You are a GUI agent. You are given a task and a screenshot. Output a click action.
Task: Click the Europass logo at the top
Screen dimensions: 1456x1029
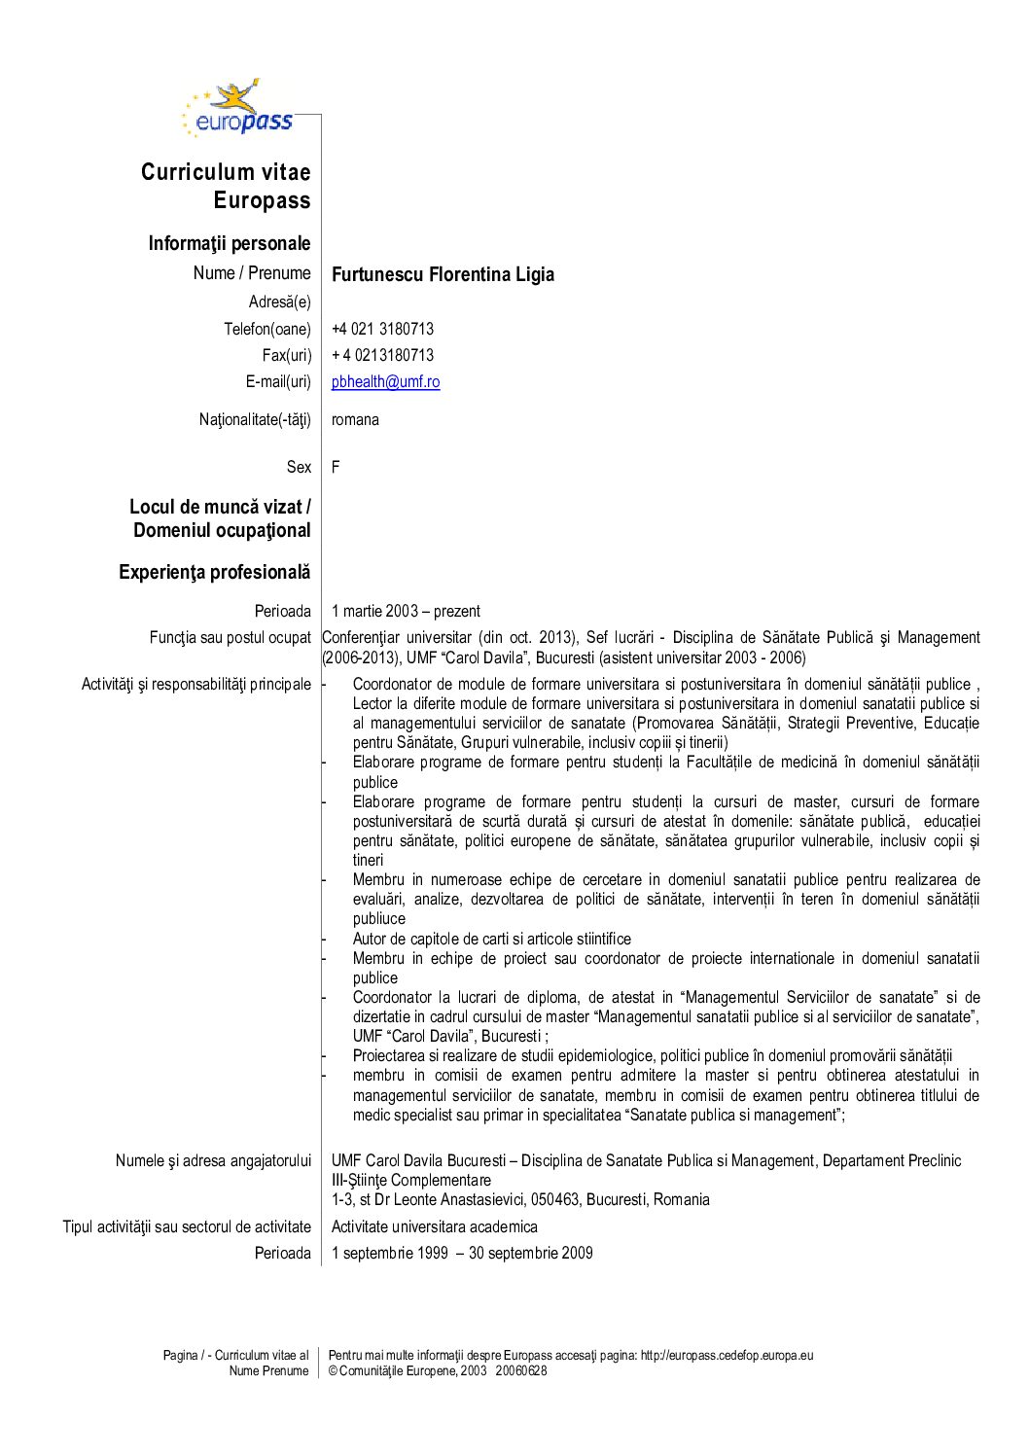[x=238, y=109]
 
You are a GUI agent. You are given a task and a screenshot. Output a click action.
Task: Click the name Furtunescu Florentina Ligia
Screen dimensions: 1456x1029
[x=443, y=274]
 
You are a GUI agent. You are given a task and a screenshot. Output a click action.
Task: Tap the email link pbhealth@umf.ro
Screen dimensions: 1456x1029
[x=385, y=382]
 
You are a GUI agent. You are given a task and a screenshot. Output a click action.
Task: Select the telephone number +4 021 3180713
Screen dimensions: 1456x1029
[x=382, y=329]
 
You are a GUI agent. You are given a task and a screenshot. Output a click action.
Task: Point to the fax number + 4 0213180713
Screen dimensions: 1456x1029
[x=382, y=355]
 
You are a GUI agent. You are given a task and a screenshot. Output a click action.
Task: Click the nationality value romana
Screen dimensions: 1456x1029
[x=355, y=420]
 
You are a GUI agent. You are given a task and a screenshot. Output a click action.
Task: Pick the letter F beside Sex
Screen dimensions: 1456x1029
[x=336, y=467]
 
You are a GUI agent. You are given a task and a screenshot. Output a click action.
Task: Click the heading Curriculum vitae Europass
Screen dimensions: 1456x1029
[x=226, y=186]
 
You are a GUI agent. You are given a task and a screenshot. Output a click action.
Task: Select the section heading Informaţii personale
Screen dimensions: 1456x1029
[x=230, y=243]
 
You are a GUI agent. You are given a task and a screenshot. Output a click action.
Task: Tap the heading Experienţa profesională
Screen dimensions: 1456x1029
[x=215, y=572]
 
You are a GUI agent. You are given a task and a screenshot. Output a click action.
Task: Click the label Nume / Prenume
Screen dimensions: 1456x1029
[x=252, y=273]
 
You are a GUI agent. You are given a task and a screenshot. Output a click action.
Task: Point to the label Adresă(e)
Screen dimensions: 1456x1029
[x=280, y=302]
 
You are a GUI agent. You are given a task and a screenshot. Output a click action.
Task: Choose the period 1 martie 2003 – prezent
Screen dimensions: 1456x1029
[x=406, y=611]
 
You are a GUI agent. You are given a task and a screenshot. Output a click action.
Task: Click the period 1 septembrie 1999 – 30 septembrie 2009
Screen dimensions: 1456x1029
[x=462, y=1253]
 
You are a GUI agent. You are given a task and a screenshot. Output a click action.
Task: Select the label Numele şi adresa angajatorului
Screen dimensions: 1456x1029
[x=213, y=1160]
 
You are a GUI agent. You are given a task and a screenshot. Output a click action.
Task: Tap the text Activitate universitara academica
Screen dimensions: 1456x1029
[x=434, y=1226]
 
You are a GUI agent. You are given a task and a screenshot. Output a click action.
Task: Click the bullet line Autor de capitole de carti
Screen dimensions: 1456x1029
[x=491, y=939]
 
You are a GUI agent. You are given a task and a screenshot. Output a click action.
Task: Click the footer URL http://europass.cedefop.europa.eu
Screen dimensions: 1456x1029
[x=727, y=1355]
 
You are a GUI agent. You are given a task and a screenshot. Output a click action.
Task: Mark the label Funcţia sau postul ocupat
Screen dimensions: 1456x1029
[x=231, y=637]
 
